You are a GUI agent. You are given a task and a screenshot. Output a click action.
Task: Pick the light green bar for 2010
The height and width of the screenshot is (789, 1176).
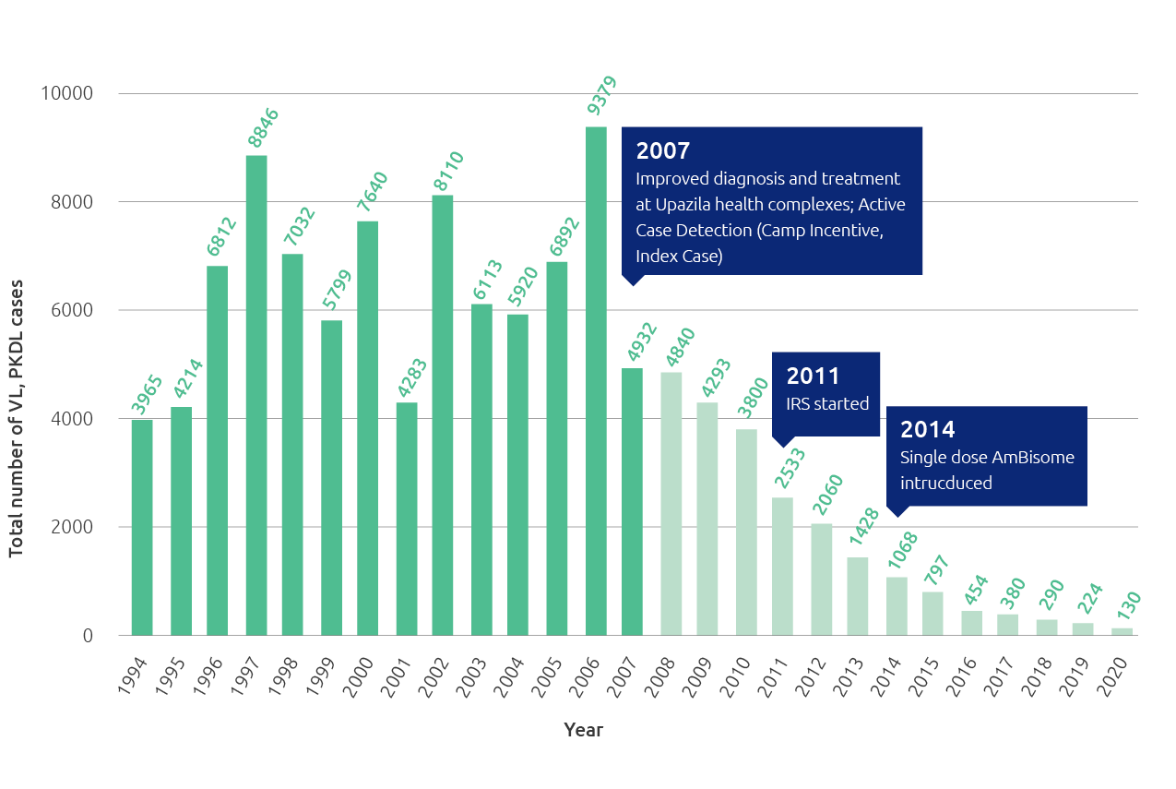(x=746, y=532)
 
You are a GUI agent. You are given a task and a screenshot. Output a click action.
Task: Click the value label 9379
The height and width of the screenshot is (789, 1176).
(x=601, y=95)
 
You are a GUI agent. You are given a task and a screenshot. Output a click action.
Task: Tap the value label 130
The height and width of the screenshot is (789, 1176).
(x=1128, y=609)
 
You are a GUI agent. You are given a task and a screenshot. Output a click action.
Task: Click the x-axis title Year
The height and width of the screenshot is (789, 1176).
(x=583, y=730)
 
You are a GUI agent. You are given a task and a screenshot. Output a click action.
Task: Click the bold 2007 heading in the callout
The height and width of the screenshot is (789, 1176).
(x=663, y=151)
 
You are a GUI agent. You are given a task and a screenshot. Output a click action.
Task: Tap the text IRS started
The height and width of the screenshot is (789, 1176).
(x=827, y=403)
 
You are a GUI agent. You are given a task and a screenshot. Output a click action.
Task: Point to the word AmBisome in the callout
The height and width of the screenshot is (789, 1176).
(x=1039, y=457)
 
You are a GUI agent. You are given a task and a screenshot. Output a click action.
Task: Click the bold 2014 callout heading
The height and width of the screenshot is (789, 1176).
(x=927, y=429)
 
